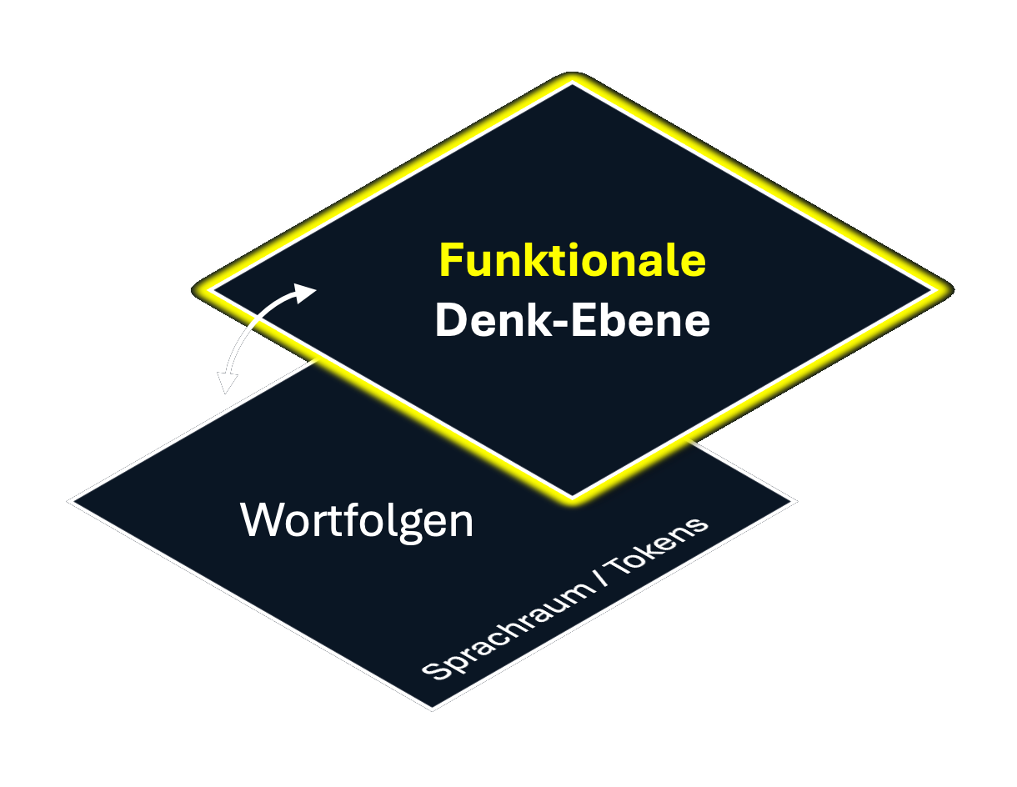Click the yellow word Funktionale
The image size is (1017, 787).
coord(572,261)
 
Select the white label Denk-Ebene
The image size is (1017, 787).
coord(572,320)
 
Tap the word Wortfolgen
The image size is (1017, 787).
coord(357,520)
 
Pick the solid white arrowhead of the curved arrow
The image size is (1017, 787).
coord(305,293)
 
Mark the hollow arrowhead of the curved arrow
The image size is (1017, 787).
coord(226,382)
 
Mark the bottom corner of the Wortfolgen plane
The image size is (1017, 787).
coord(432,709)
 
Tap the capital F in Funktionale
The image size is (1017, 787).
coord(450,261)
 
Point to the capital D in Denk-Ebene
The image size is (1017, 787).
coord(450,320)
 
